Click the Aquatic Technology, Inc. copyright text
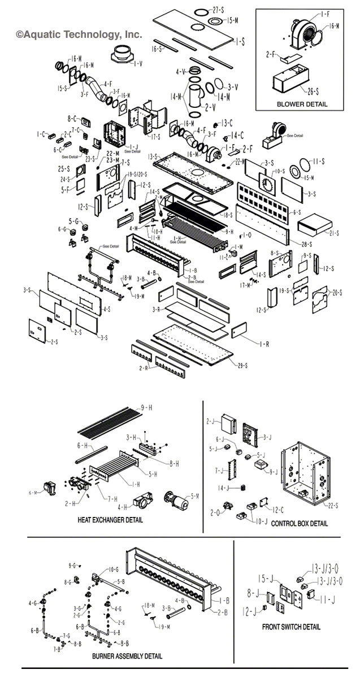click(79, 34)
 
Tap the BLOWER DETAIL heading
click(301, 104)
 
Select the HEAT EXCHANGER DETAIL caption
click(110, 520)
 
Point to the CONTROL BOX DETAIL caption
click(299, 523)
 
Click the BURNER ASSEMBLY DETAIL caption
click(127, 656)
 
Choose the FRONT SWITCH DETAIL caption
click(291, 627)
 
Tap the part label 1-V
click(138, 63)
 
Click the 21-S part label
click(335, 233)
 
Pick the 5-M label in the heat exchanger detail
click(195, 496)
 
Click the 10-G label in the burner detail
click(113, 569)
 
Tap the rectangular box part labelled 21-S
click(313, 224)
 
